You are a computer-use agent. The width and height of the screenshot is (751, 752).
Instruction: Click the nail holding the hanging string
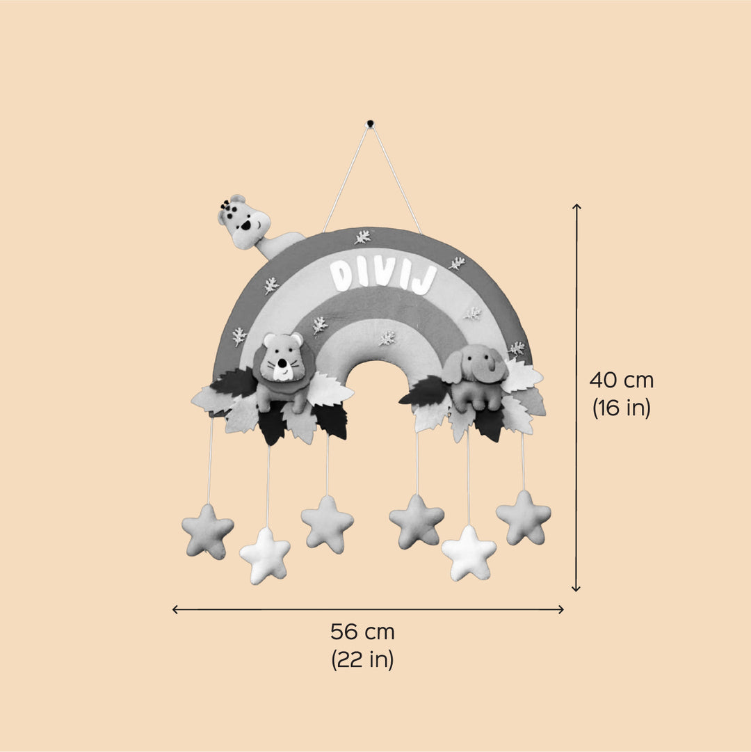(x=370, y=122)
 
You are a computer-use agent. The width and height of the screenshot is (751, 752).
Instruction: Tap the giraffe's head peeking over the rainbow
(x=244, y=222)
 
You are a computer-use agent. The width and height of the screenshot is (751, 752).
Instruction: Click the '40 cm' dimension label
(x=622, y=381)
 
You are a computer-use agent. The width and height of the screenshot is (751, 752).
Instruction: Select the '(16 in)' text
(x=622, y=408)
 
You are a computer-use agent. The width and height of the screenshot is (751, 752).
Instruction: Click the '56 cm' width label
(x=362, y=632)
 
